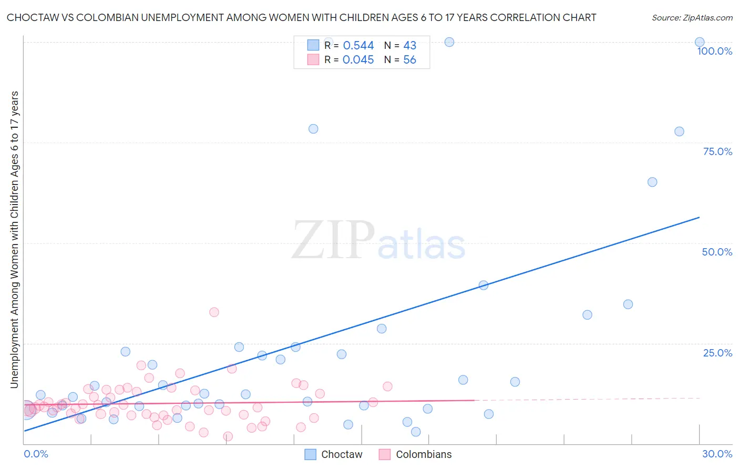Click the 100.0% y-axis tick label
pyautogui.click(x=714, y=51)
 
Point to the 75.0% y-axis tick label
pyautogui.click(x=717, y=151)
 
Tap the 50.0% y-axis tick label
pyautogui.click(x=717, y=252)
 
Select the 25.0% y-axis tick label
pyautogui.click(x=717, y=353)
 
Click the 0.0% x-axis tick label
pyautogui.click(x=36, y=454)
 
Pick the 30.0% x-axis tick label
pyautogui.click(x=717, y=454)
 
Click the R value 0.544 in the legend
pyautogui.click(x=358, y=46)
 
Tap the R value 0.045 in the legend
pyautogui.click(x=358, y=60)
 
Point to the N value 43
pyautogui.click(x=409, y=46)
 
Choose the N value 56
pyautogui.click(x=409, y=60)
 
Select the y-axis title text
pyautogui.click(x=14, y=240)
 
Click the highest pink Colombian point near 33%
pyautogui.click(x=214, y=312)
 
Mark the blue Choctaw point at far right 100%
pyautogui.click(x=700, y=42)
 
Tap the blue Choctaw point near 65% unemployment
pyautogui.click(x=652, y=182)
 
